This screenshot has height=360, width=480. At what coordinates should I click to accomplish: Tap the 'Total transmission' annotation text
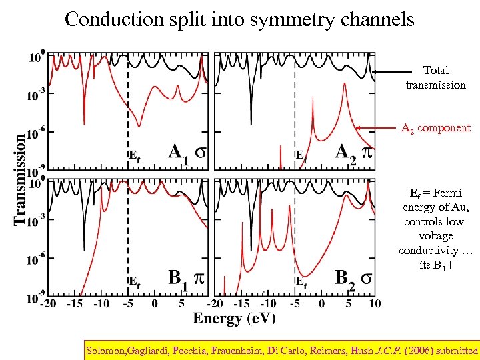click(x=436, y=77)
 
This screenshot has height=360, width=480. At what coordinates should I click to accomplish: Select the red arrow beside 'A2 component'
click(x=376, y=127)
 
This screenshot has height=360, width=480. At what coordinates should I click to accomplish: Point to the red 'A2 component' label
click(x=435, y=128)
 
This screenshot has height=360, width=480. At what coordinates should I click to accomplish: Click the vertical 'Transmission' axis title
click(x=20, y=179)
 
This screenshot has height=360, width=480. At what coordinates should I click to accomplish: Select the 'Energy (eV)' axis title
click(x=235, y=318)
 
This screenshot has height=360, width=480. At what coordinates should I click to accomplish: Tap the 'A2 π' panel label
click(x=354, y=153)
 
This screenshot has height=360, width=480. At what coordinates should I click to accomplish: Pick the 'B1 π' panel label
click(x=186, y=278)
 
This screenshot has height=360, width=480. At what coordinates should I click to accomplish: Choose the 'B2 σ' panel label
click(x=354, y=278)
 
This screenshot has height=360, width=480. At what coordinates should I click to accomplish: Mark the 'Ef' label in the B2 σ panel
click(x=301, y=282)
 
